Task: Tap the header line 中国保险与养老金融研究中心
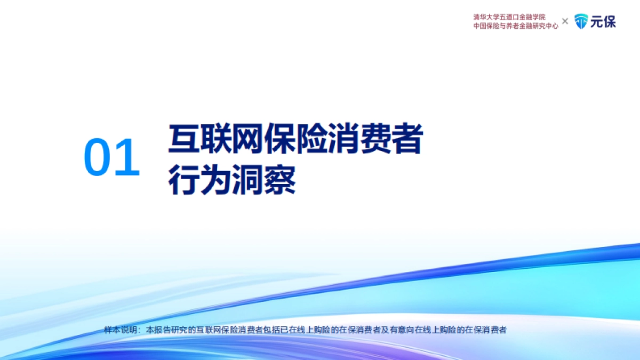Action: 516,26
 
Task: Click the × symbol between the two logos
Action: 565,21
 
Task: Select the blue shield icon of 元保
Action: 581,21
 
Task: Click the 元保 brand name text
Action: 603,21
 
